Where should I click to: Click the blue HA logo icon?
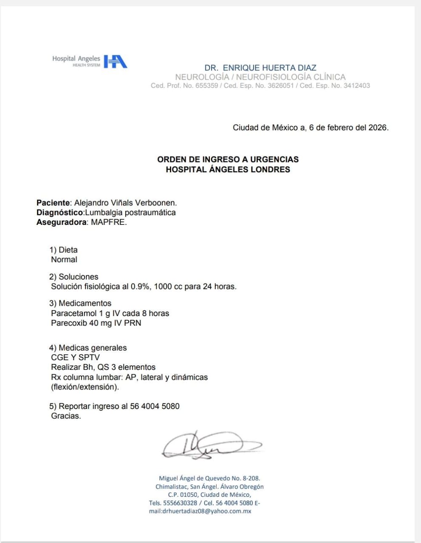[115, 62]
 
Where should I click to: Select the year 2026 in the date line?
[378, 127]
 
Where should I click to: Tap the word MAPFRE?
[108, 222]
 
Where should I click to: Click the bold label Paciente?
[53, 203]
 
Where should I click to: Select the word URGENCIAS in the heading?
[274, 160]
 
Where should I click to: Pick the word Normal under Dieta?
[64, 260]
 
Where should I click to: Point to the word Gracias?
[66, 416]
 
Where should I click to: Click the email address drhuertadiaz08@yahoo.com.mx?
[207, 511]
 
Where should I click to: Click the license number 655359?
[206, 86]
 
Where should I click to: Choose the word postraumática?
[150, 213]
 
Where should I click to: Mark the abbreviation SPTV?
[89, 357]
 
